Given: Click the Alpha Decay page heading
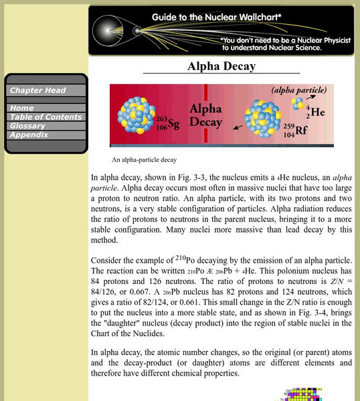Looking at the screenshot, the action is coord(221,67).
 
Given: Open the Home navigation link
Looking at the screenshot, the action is coord(22,108).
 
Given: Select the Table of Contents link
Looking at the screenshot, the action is coord(46,117).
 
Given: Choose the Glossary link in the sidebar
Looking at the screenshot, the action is coord(28,126).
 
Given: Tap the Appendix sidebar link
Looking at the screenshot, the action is coord(29,134).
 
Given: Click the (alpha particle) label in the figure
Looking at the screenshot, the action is coord(299,90).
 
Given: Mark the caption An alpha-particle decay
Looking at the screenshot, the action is coord(145,160).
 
